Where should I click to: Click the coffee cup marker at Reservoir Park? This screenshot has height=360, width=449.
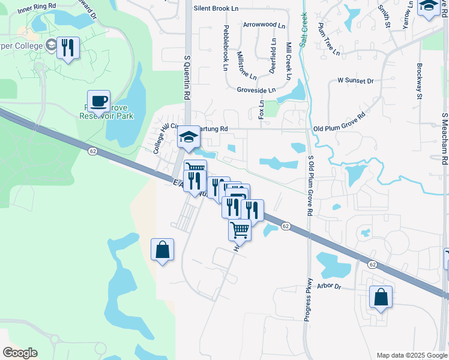pos(98,101)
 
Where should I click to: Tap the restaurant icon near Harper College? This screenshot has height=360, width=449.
pos(68,47)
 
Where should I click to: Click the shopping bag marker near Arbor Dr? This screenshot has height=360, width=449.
pos(381,297)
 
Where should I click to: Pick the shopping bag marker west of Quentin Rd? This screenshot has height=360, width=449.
pos(163,250)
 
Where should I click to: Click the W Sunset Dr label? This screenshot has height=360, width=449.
pos(355,80)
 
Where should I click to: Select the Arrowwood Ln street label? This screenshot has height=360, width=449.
pos(264,25)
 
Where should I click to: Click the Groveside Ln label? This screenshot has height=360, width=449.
pos(256,90)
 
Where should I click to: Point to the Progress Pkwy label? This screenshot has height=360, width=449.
pos(307,299)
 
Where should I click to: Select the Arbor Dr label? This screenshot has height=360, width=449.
pos(330,287)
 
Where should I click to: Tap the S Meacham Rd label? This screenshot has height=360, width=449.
pos(445,138)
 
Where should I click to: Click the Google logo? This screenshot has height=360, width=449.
pos(20,353)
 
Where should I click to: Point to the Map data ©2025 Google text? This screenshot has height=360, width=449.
pos(411,355)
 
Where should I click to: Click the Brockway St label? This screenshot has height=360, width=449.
pos(419,80)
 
